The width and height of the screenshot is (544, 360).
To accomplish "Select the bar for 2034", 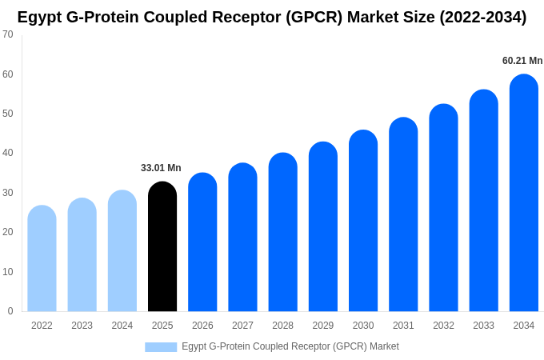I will coord(524,193).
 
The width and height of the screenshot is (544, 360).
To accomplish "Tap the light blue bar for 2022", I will coord(42,258).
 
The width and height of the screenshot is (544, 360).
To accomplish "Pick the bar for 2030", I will coord(363,221).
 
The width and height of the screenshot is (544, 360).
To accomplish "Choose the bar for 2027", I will coord(242,238).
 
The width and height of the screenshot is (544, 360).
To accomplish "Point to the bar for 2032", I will coord(443,208).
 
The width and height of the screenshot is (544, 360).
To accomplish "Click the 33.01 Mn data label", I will coord(161,168).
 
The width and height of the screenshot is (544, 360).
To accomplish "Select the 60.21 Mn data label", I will coord(522,61).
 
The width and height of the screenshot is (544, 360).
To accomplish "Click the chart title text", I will coord(272,17).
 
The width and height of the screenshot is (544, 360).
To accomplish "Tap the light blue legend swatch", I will coord(161,346).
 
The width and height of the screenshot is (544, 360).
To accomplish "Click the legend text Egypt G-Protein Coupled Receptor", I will coord(290,346).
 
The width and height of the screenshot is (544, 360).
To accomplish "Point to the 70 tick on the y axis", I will coord(8,34).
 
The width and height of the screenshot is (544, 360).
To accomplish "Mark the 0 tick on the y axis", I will coord(10,311).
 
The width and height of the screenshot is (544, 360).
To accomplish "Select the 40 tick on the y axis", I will coord(8,153).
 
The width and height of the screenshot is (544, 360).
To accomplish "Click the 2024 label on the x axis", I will coord(122,326).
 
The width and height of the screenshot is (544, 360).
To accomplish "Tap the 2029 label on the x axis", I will coord(323,326).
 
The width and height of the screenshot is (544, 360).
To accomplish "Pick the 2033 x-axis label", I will coord(483,326).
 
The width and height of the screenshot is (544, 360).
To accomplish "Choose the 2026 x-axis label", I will coord(202,326).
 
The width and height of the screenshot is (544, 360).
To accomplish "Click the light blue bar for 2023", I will coord(82,254).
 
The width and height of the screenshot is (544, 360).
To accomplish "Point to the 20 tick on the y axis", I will coord(8,232).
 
